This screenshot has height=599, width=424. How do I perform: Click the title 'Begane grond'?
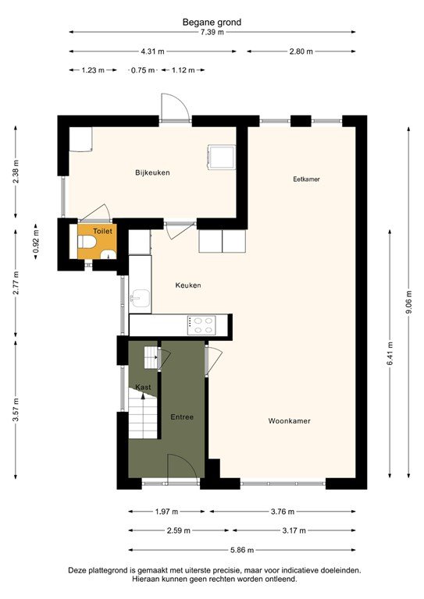[x=212, y=23]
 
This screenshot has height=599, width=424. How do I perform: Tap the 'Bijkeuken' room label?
[x=152, y=172]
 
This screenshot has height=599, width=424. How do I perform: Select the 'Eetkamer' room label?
[x=306, y=179]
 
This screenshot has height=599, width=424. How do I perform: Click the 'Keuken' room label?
[x=187, y=285]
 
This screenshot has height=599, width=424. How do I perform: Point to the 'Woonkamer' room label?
[x=289, y=420]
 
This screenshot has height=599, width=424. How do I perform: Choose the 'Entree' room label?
[x=182, y=417]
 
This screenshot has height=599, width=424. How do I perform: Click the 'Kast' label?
[x=143, y=387]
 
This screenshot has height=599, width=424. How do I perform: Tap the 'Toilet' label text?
[x=102, y=231]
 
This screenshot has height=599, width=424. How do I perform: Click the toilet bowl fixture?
[x=86, y=246]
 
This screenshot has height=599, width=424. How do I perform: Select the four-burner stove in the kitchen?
[x=202, y=324]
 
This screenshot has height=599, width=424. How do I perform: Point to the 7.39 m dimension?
[x=212, y=32]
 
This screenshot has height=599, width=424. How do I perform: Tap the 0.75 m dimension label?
[x=142, y=70]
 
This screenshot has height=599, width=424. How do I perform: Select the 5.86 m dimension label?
[x=242, y=550]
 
